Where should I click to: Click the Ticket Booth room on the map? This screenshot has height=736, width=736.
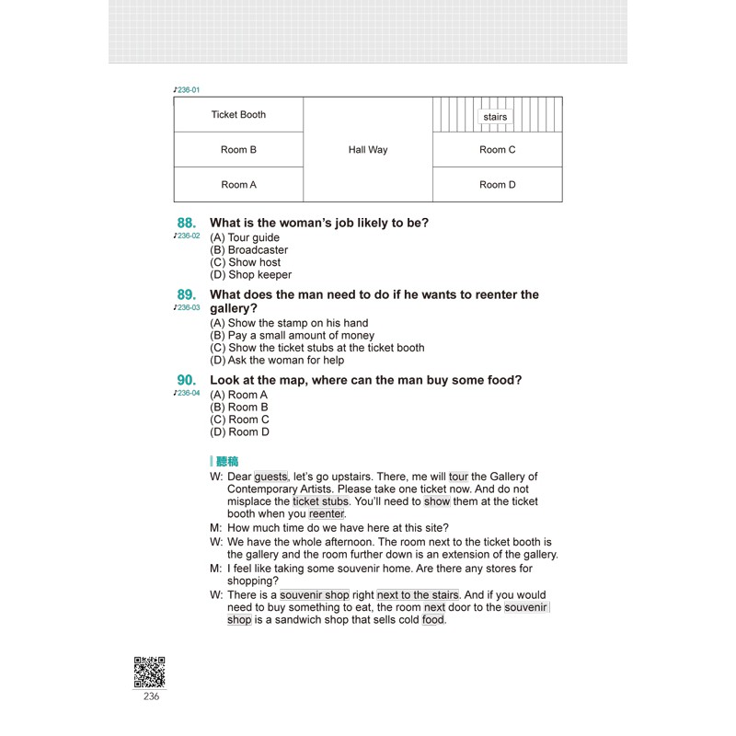(238, 115)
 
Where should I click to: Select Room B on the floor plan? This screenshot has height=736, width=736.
(238, 150)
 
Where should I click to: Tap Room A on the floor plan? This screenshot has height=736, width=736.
(238, 185)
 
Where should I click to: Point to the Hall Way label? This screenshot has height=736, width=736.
(368, 150)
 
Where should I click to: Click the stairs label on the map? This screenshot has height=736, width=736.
(495, 117)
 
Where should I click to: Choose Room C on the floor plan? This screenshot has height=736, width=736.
(498, 150)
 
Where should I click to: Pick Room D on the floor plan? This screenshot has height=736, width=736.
(498, 185)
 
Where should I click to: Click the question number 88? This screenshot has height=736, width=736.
(187, 223)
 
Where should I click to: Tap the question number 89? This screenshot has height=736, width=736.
(187, 294)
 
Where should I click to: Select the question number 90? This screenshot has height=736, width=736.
(187, 380)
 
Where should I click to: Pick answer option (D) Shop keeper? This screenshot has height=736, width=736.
(250, 274)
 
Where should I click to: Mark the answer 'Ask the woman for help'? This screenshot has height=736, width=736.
(277, 360)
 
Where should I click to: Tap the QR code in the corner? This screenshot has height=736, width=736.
(150, 672)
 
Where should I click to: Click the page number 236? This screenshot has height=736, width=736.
(151, 696)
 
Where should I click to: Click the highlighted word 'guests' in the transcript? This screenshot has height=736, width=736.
(270, 477)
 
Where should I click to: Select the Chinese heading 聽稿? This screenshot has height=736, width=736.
(226, 461)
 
